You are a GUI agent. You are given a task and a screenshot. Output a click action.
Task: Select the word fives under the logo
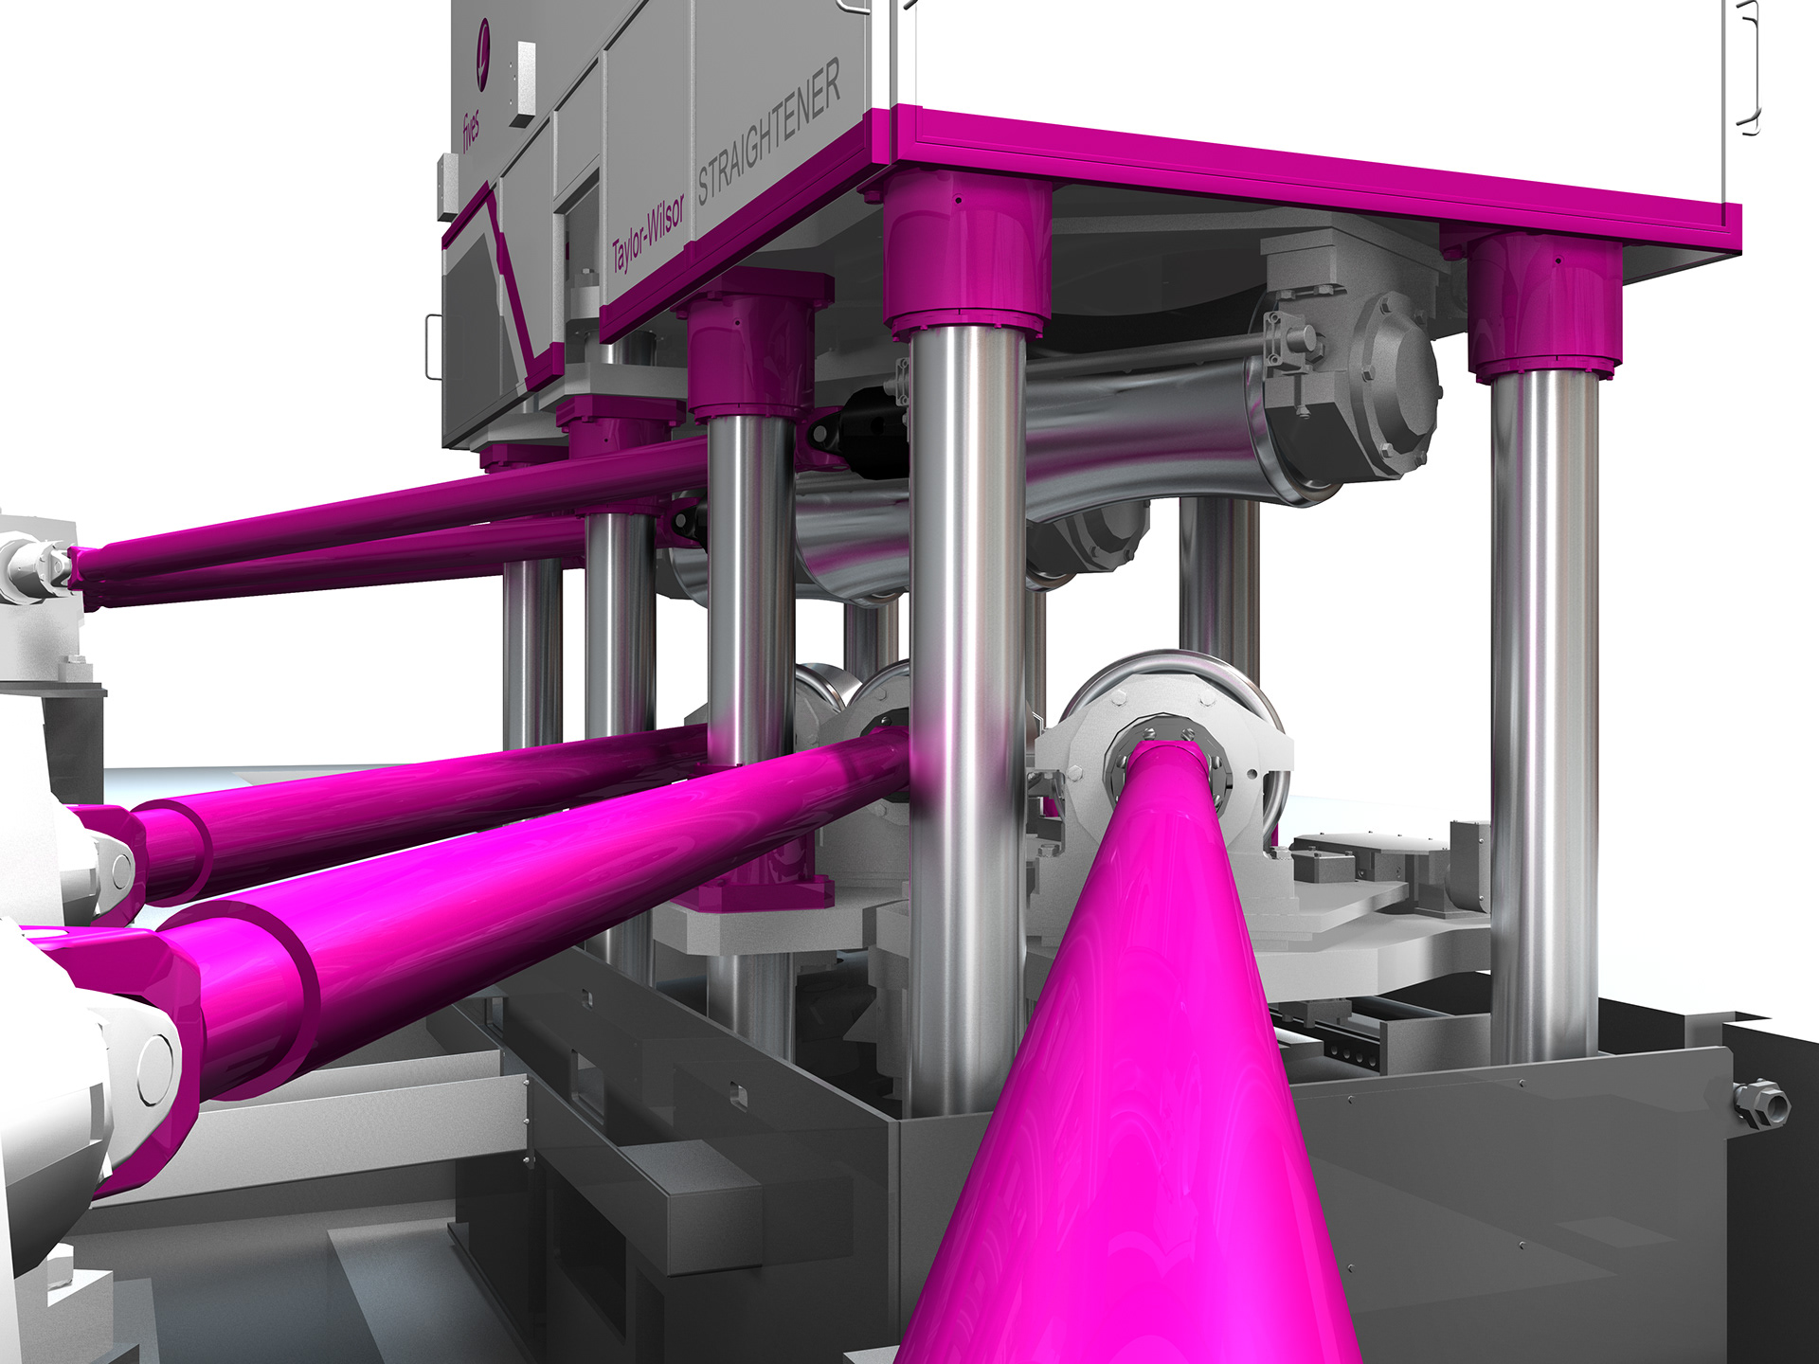point(471,132)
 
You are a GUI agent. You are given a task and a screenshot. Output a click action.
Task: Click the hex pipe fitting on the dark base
point(1760,1103)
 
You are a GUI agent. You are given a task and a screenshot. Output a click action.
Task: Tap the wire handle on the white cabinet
point(1749,66)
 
